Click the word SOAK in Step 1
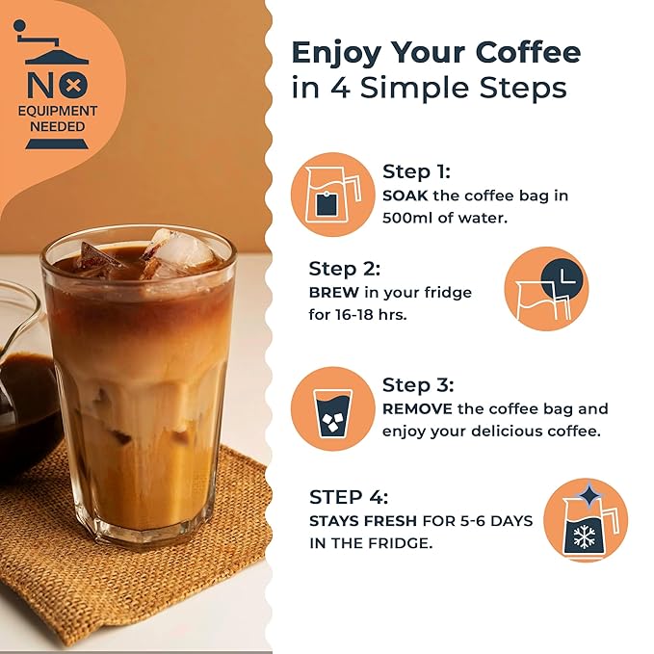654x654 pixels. point(405,196)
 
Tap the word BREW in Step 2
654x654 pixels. point(333,293)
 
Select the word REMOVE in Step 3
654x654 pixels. point(417,408)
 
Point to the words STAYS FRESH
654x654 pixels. point(363,521)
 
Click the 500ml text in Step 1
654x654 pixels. point(407,218)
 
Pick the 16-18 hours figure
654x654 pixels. point(370,315)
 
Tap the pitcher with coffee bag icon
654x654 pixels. point(332,195)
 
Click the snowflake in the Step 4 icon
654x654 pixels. point(584,536)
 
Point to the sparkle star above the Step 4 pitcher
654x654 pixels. point(589,495)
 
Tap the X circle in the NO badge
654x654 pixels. point(73,86)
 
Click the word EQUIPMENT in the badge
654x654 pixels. point(58,111)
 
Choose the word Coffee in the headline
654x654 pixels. point(528,53)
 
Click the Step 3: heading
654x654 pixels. point(418,384)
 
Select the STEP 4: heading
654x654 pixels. point(349,497)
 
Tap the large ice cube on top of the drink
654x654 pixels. point(179,250)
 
